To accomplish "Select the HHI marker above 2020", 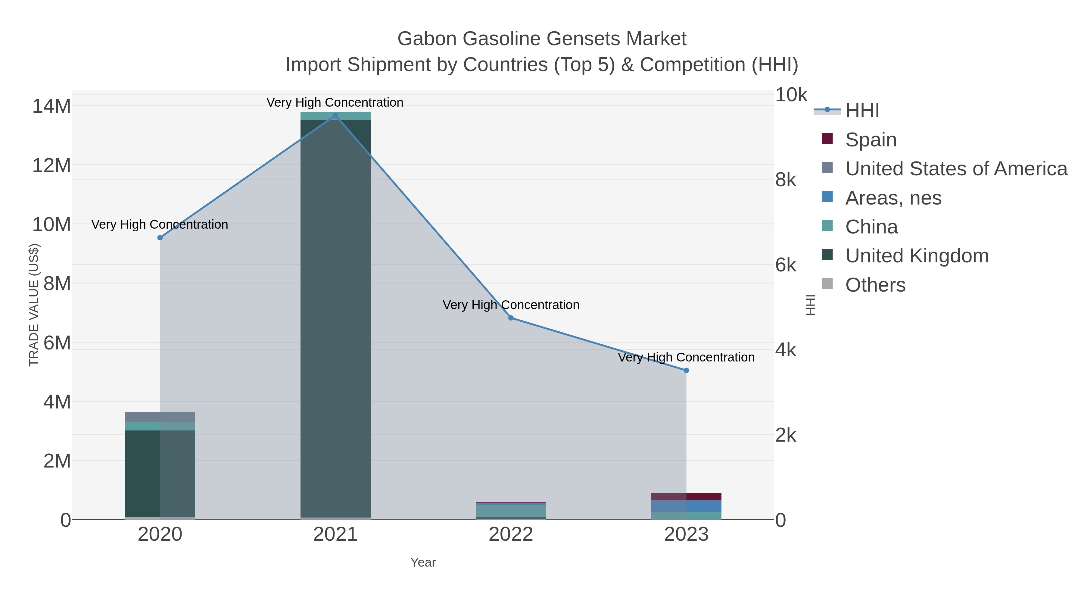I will tap(160, 238).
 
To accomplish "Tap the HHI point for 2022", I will tap(511, 318).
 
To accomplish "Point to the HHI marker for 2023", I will tap(686, 371).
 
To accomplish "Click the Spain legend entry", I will tap(871, 139).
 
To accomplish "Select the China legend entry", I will tap(871, 227).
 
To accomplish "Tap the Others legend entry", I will tap(875, 285).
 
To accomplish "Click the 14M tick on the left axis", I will tap(51, 106).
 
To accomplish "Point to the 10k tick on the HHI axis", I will tap(791, 95).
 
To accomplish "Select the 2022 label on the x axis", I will tap(511, 535).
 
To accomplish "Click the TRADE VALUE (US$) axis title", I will tap(34, 305).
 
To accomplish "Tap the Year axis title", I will tap(423, 562).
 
